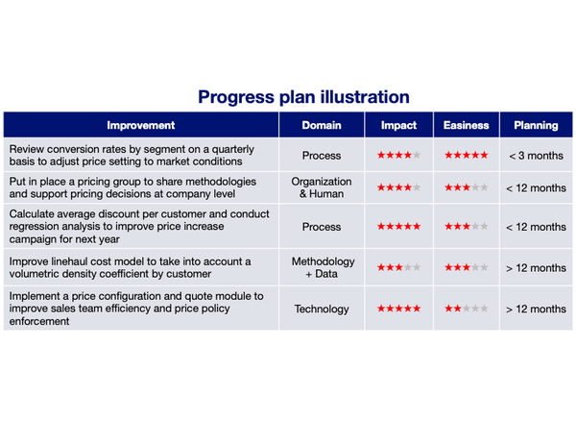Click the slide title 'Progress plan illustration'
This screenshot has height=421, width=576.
point(303,97)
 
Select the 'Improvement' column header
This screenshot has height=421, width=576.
point(141,125)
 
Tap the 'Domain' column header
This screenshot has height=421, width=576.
point(322,125)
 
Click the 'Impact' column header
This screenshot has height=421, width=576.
point(398,125)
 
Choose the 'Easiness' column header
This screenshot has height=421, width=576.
point(467,125)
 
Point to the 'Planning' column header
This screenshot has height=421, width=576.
point(536,125)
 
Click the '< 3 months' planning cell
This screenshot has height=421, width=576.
point(536,156)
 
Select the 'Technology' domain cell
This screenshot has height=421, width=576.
point(322,309)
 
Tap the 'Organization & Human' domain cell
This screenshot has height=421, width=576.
point(322,187)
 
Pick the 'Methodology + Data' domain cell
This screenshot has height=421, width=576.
point(323,267)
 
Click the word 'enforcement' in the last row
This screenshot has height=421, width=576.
point(39,321)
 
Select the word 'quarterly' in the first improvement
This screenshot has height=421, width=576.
point(233,150)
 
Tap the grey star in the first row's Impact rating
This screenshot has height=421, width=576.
point(417,155)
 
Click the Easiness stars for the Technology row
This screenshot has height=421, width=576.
point(467,309)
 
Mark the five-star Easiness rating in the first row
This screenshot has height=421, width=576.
point(467,155)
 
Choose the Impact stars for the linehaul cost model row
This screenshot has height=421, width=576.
point(399,267)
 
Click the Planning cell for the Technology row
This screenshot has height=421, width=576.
point(536,309)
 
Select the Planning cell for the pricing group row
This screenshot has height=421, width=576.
point(536,187)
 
